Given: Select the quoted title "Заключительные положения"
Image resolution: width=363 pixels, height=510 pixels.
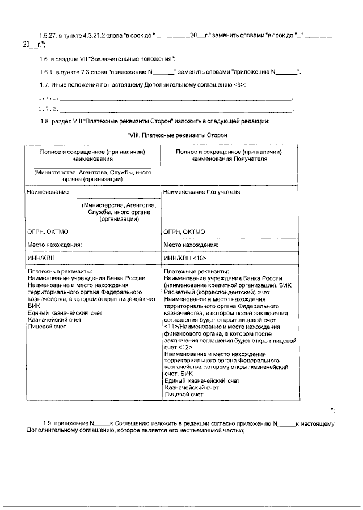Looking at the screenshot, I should coord(136,59).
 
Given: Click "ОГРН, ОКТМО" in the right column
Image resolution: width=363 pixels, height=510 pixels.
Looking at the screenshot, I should coord(184,232).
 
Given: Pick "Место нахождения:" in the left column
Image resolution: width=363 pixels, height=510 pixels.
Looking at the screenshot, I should coord(54,245).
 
